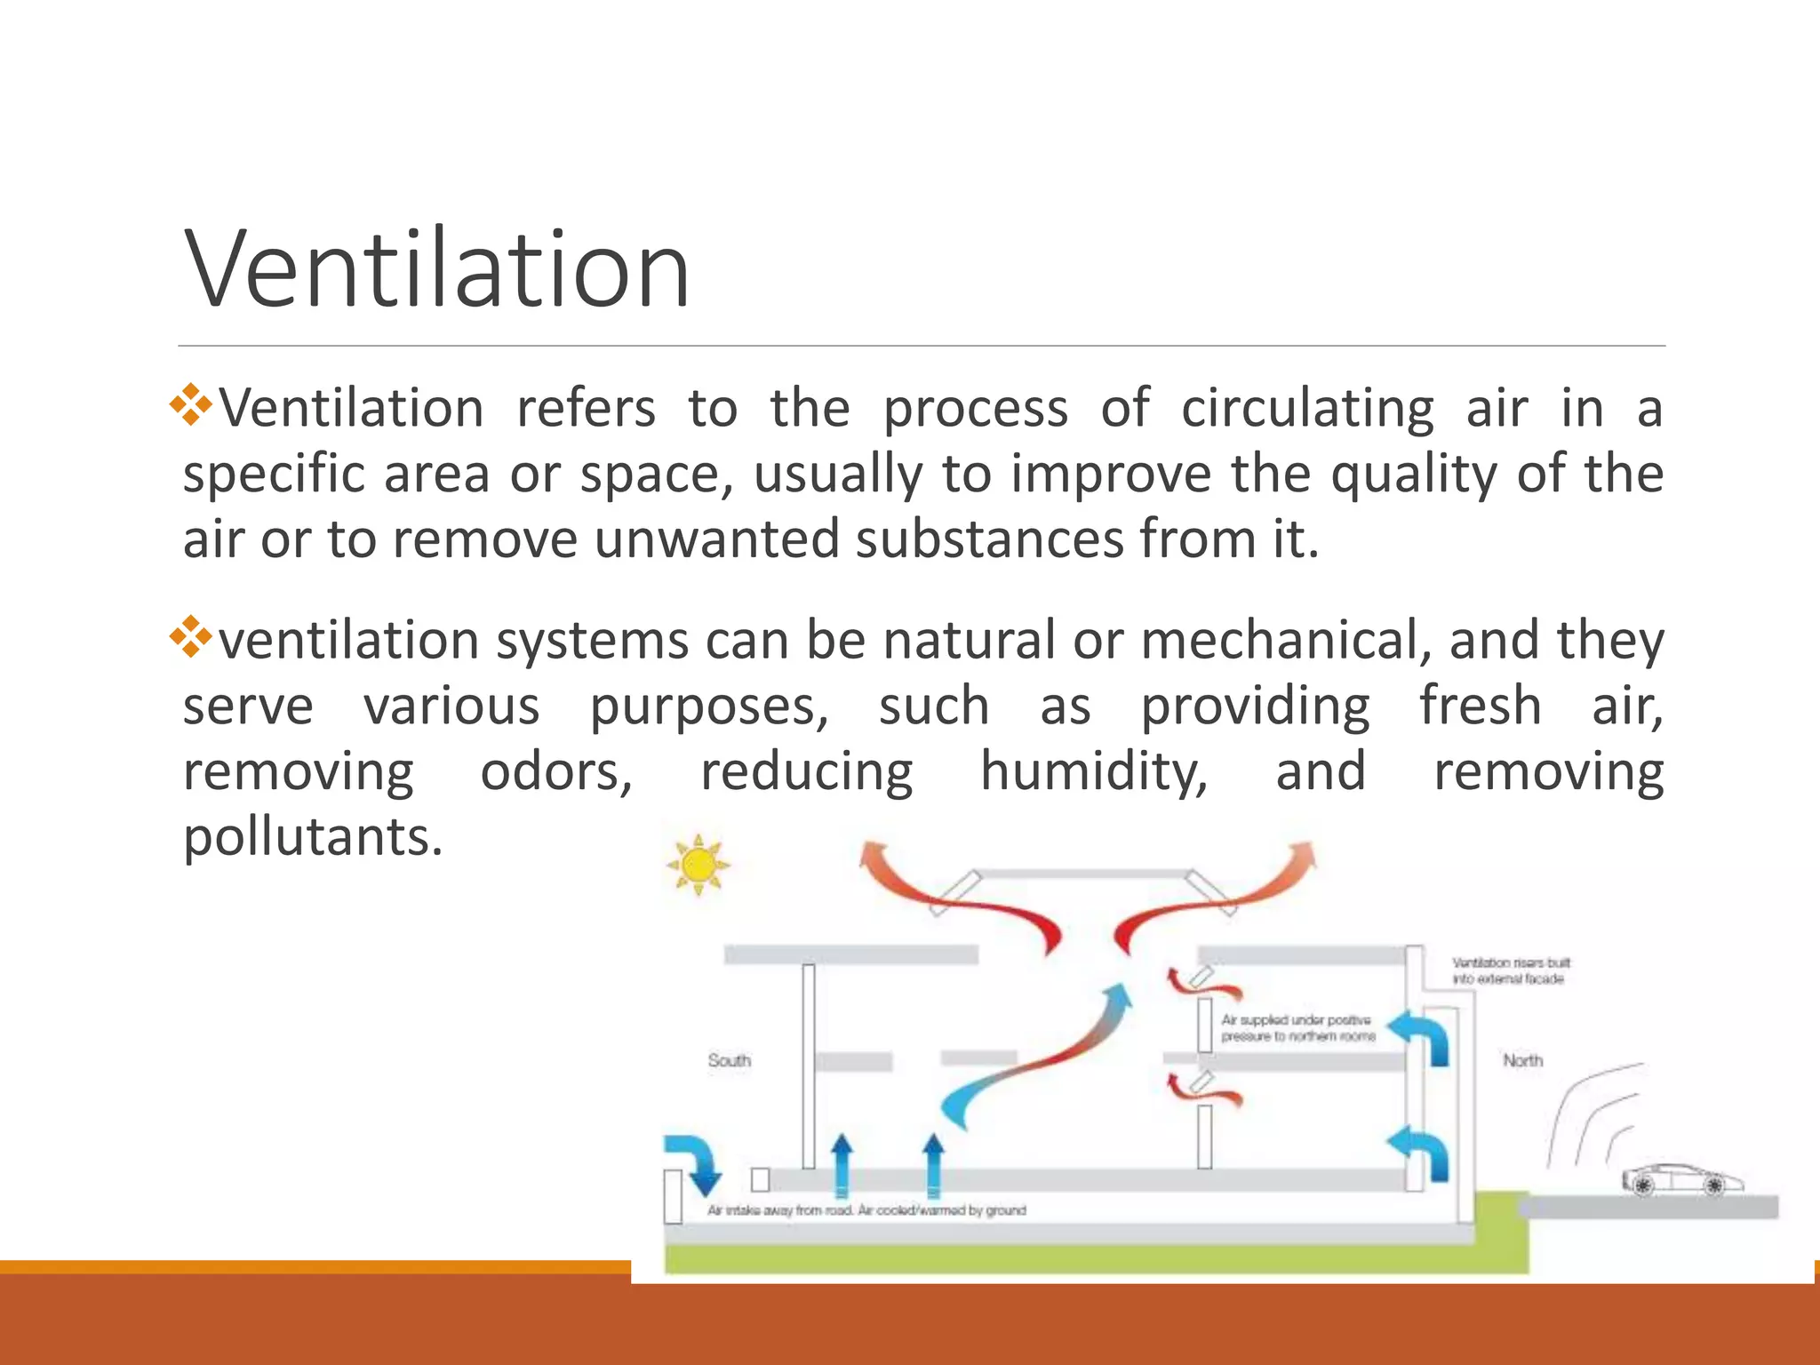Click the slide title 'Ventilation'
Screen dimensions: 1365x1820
[436, 268]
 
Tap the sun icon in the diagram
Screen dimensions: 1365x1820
[698, 864]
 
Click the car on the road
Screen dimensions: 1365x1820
[1682, 1180]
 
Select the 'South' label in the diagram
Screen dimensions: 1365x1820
[729, 1060]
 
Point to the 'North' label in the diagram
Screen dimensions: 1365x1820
[1522, 1060]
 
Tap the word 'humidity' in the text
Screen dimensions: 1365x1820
[1093, 771]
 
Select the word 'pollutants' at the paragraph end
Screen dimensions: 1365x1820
[312, 837]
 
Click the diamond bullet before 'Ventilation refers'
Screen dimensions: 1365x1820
[191, 406]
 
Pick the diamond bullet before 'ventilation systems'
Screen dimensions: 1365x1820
[191, 637]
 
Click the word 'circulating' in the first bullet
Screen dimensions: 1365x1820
[1307, 409]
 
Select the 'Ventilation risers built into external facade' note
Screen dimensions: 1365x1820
[1510, 970]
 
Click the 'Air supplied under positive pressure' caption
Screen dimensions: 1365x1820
[1297, 1028]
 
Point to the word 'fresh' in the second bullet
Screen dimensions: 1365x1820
[1480, 706]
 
